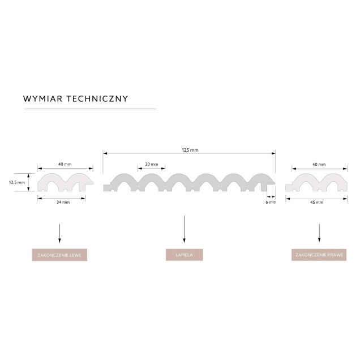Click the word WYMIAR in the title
(x=42, y=98)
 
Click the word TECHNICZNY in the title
(x=97, y=98)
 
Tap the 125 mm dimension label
(x=190, y=150)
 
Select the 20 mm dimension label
(x=152, y=164)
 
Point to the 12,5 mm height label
(x=17, y=182)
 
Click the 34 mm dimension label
(x=63, y=202)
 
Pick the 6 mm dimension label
(x=271, y=202)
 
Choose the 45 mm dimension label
(x=316, y=203)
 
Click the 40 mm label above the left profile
(x=65, y=164)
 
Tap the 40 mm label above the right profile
(x=319, y=165)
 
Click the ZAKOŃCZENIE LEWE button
(x=59, y=255)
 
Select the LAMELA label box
(x=185, y=255)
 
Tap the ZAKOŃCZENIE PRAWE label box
(x=319, y=255)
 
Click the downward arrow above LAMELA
(x=184, y=229)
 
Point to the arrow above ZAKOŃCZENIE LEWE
(x=59, y=233)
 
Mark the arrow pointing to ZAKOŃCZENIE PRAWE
(x=319, y=233)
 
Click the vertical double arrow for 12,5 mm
(x=28, y=182)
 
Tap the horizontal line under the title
(x=90, y=109)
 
